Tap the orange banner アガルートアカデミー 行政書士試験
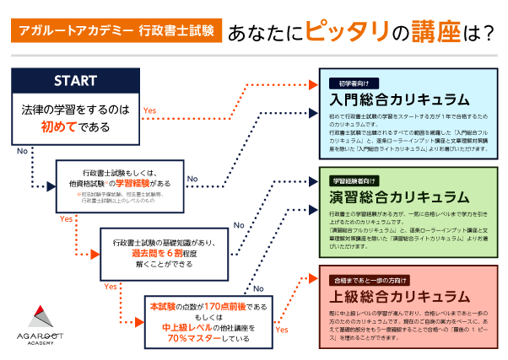[x=117, y=34]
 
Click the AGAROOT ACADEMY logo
[x=41, y=320]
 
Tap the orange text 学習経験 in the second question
[x=132, y=182]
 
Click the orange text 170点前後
[x=219, y=305]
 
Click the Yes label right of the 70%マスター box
[x=283, y=330]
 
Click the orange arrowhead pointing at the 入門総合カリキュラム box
[x=312, y=85]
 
